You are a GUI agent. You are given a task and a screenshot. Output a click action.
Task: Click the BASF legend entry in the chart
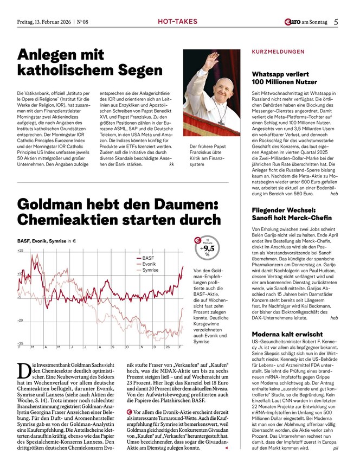coord(148,258)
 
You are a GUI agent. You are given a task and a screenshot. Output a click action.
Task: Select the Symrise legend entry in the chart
coord(150,270)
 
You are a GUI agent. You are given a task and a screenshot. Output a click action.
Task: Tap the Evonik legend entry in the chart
coord(149,264)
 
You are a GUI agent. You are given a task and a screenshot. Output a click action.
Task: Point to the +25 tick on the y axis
coord(21,251)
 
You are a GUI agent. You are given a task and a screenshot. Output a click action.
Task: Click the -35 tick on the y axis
coord(21,343)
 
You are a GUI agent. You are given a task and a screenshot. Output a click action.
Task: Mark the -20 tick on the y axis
coord(21,321)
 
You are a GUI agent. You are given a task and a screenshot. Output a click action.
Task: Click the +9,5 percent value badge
coord(207,248)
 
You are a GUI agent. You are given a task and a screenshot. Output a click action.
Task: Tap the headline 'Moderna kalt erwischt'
coord(287,334)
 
